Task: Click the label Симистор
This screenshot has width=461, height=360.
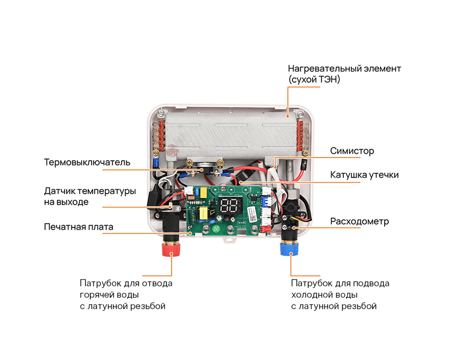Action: tap(352, 151)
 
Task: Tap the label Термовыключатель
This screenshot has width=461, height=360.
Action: tap(87, 162)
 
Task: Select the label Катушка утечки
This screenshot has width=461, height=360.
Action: tap(364, 175)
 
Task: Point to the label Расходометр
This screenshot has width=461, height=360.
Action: tap(359, 221)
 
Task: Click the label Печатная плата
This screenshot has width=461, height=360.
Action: tap(79, 227)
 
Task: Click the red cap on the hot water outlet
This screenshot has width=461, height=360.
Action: tap(171, 250)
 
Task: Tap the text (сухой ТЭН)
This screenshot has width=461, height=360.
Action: tap(314, 80)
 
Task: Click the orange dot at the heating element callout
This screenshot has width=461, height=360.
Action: tap(288, 116)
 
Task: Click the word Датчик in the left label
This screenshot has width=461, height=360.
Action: tap(59, 191)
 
